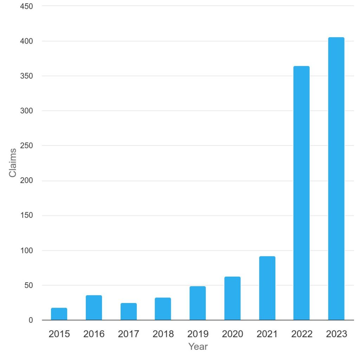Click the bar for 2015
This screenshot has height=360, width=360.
[59, 314]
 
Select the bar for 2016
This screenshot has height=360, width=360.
[94, 308]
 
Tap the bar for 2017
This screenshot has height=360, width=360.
[129, 311]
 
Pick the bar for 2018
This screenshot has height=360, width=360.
[163, 309]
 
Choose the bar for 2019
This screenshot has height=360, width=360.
[198, 303]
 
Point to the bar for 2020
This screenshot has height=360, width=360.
[232, 298]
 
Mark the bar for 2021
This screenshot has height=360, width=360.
[267, 288]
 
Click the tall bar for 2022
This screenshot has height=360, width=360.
[302, 193]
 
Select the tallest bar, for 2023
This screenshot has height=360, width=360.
[336, 179]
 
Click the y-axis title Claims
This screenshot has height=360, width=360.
[13, 163]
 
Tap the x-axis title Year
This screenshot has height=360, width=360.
[198, 347]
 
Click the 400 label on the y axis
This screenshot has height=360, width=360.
[26, 41]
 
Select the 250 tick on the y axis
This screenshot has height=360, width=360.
[26, 146]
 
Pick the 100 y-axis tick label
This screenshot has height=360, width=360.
[26, 250]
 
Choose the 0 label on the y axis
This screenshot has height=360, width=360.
[31, 320]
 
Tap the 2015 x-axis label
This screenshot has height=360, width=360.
[59, 334]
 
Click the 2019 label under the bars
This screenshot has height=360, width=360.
[198, 334]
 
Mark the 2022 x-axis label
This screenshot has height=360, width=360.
[302, 334]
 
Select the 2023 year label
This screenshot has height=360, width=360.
[336, 334]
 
